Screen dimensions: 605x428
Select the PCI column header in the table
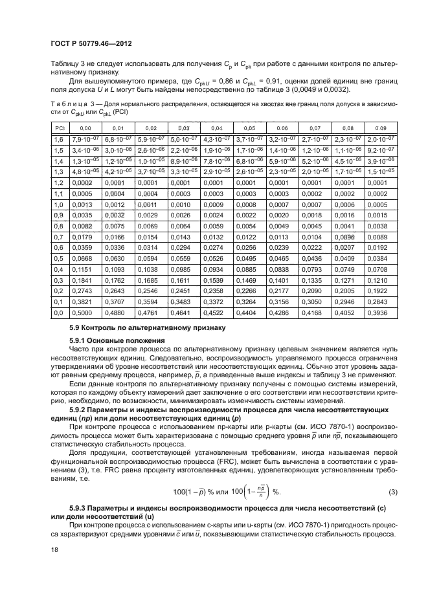tap(58, 128)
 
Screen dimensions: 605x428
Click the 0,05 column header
tap(249, 128)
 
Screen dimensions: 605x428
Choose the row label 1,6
tap(58, 140)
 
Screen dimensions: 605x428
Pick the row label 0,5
tap(58, 258)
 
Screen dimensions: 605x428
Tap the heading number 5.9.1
tap(77, 340)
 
